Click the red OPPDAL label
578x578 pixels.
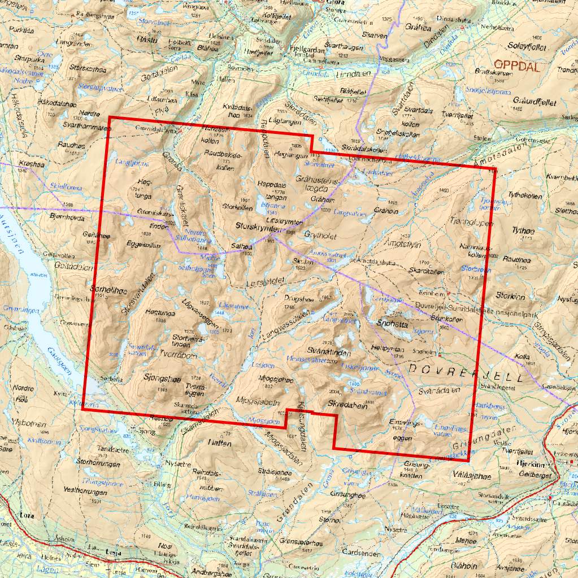[517, 66]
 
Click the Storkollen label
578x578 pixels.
[236, 206]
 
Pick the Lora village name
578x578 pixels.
[26, 515]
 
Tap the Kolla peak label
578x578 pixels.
[523, 358]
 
